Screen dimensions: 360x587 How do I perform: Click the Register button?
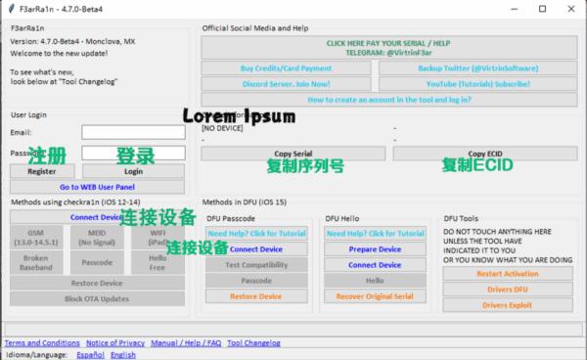(x=42, y=171)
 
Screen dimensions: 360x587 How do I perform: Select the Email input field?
(x=133, y=132)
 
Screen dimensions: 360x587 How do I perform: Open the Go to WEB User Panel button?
(x=97, y=187)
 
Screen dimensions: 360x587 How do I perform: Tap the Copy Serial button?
(x=293, y=154)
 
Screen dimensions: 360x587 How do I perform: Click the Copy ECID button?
(x=485, y=154)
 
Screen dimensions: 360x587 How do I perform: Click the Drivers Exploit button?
(x=508, y=304)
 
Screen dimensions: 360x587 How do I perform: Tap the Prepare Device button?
(x=376, y=249)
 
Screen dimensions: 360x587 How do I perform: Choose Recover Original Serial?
(x=376, y=296)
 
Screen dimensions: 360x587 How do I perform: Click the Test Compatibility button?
(x=256, y=265)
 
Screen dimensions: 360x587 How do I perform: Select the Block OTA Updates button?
(x=97, y=298)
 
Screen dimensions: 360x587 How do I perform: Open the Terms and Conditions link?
(x=42, y=343)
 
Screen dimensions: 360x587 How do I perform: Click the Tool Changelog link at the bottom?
(x=253, y=343)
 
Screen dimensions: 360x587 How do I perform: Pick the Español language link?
(x=91, y=355)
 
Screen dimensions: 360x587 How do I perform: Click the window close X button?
(x=570, y=8)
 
